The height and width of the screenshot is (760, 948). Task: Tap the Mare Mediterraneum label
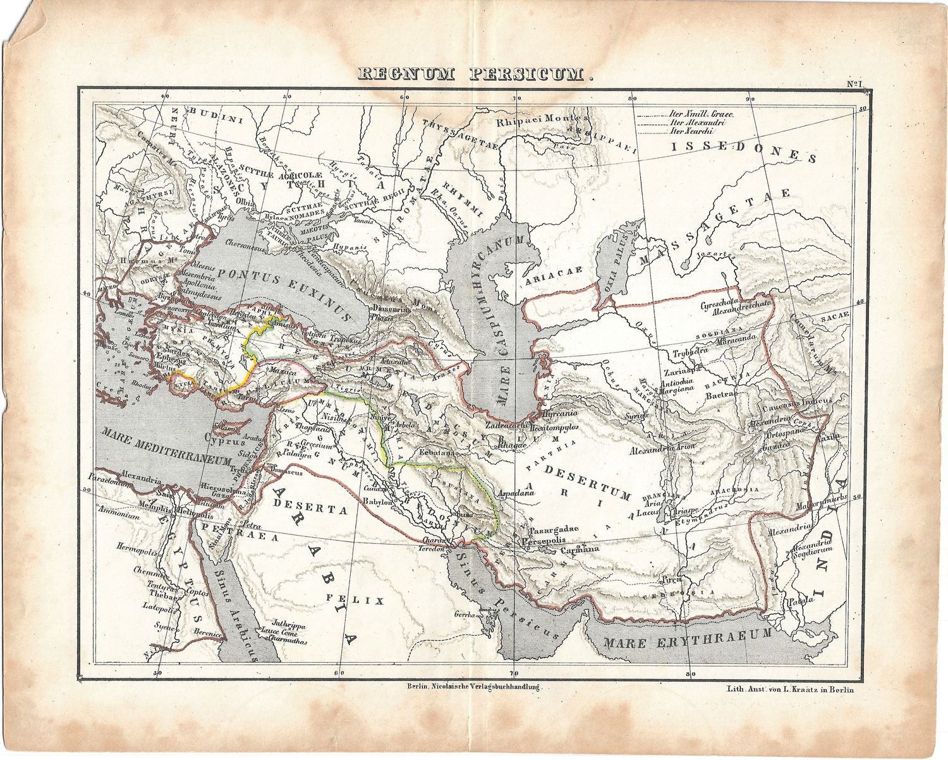[163, 449]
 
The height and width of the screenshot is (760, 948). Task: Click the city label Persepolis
[541, 541]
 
